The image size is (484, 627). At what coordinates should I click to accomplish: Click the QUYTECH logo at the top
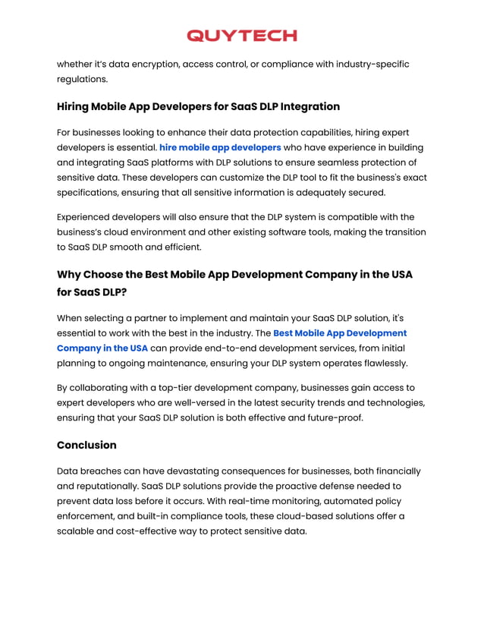coord(241,36)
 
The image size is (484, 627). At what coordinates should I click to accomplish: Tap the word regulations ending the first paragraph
coord(82,79)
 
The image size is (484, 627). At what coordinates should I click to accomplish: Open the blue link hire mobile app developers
coord(220,147)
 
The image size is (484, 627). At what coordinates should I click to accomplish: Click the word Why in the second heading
coord(68,274)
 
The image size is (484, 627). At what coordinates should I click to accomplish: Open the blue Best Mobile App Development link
coord(339,333)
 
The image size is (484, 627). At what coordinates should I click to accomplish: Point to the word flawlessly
coord(380,364)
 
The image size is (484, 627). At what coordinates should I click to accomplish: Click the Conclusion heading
coord(86,445)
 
